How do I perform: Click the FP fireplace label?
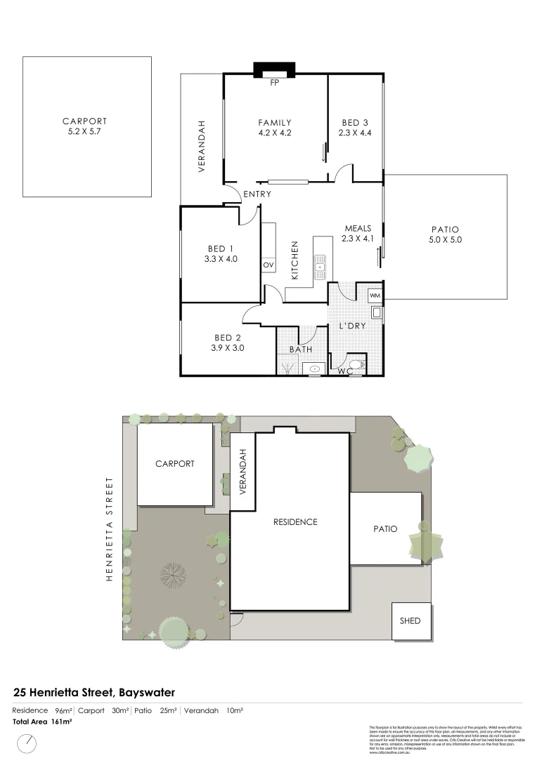[275, 81]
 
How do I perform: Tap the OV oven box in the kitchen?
[268, 265]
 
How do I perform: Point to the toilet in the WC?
[357, 365]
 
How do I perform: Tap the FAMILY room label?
[275, 123]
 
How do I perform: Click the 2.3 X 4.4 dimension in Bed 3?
[355, 132]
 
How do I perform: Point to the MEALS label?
[358, 228]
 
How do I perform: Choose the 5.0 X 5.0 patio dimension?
[444, 239]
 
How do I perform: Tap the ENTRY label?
[257, 194]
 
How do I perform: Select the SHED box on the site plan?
[410, 620]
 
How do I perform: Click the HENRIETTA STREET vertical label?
[109, 530]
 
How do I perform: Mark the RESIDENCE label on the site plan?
[296, 521]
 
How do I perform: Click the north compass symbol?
[27, 743]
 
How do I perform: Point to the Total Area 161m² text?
[42, 721]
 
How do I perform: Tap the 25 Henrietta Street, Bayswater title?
[94, 693]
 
